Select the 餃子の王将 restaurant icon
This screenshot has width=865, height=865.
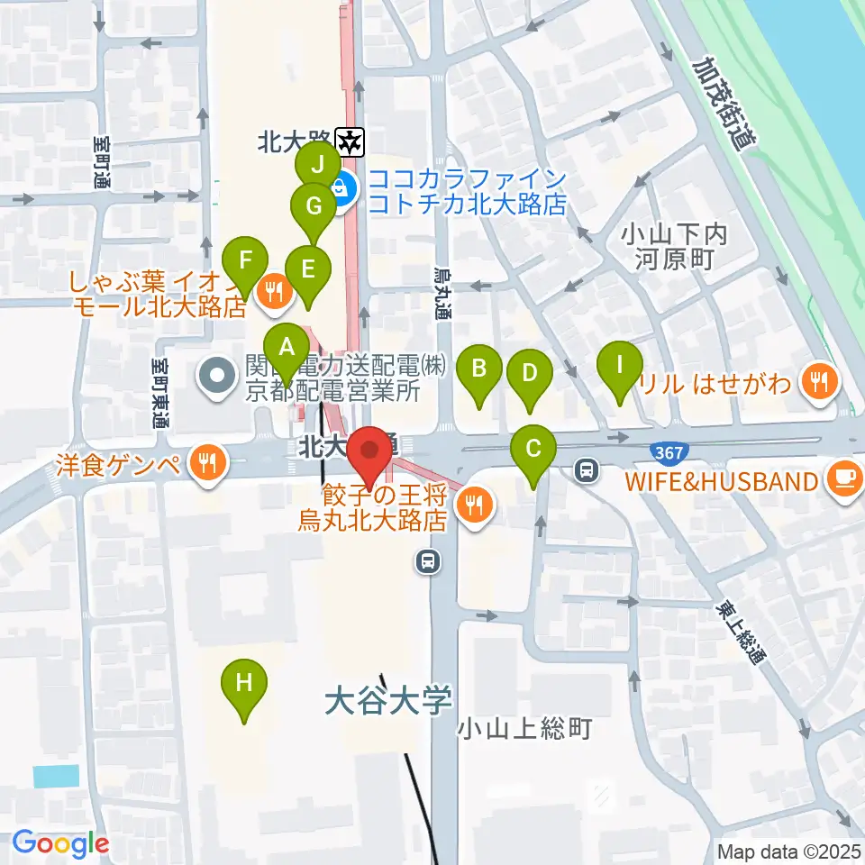[475, 505]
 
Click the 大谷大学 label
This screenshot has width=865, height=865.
[387, 700]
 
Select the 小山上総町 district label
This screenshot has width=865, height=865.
[524, 728]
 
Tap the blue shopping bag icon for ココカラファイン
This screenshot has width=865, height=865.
[343, 189]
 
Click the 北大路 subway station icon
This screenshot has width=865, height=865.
[349, 140]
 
